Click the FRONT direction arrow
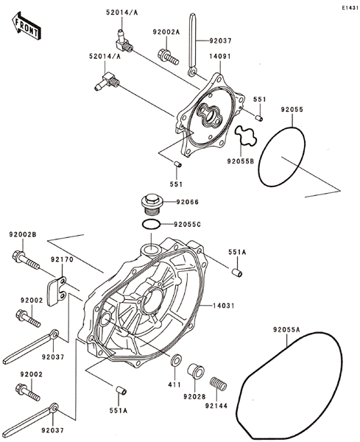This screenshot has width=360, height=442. (26, 26)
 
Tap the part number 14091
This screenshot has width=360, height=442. (219, 57)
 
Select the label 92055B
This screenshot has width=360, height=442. (241, 161)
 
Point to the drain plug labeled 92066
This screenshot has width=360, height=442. (152, 204)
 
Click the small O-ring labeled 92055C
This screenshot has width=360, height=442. (152, 225)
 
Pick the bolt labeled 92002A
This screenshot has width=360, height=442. (168, 57)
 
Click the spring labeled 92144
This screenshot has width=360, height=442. (219, 384)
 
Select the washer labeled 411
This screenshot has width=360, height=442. (176, 360)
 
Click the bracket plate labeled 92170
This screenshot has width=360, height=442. (57, 291)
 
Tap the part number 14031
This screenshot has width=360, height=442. (224, 306)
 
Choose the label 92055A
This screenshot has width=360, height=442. (286, 329)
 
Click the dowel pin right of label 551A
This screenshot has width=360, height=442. (237, 273)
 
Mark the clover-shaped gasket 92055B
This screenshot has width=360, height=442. (246, 136)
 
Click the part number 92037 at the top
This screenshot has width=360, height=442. (220, 41)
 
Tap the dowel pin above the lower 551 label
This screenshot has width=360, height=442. (177, 164)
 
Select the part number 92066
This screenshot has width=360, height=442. (187, 202)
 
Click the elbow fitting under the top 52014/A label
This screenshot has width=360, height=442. (124, 41)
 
